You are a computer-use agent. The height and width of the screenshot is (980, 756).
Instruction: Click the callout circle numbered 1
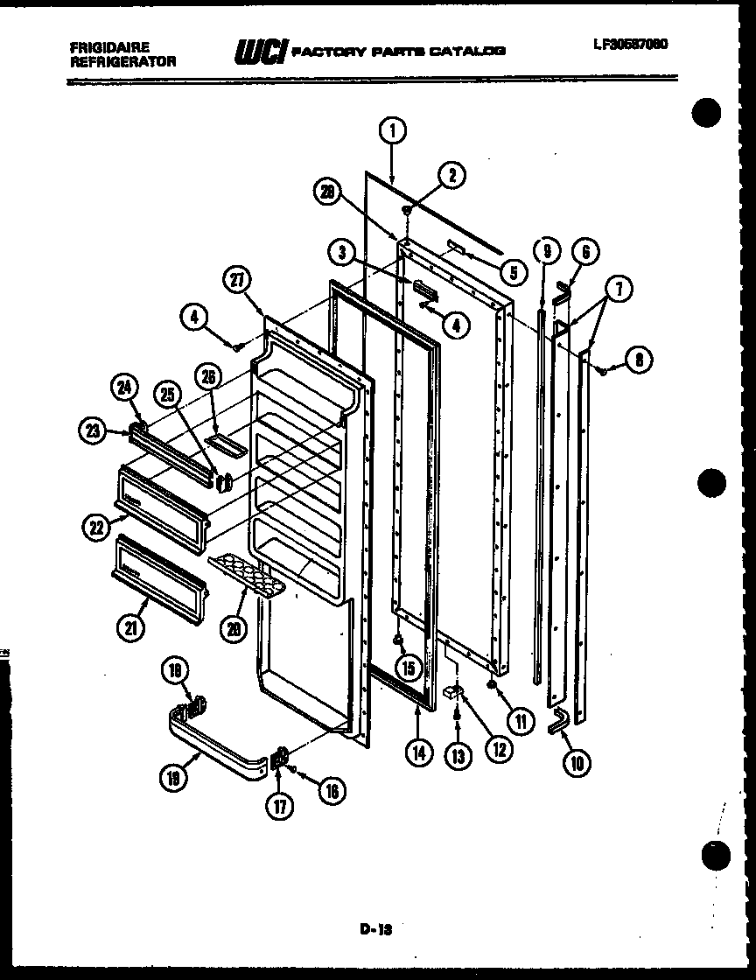tap(393, 131)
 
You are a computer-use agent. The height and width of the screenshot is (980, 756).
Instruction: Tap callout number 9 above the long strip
tap(546, 251)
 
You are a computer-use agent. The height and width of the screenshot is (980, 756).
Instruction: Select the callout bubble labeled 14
tap(421, 752)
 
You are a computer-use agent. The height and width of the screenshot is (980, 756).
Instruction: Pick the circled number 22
tap(96, 527)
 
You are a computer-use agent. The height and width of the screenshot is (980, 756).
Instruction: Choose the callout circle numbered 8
tap(640, 360)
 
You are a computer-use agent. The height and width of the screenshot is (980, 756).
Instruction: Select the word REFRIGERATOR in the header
tap(122, 61)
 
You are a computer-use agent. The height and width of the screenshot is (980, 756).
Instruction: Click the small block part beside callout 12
tap(453, 692)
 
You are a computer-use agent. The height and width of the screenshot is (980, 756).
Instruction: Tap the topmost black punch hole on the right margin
tap(709, 115)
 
